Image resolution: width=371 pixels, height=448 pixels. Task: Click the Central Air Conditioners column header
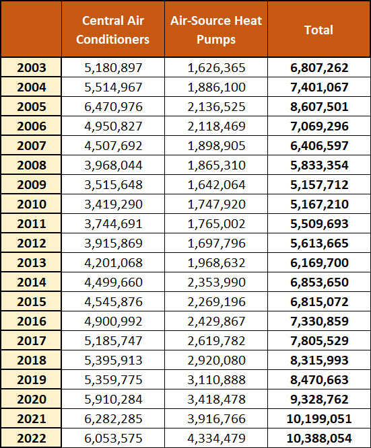[112, 30]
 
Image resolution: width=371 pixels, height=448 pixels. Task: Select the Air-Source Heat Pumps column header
[216, 30]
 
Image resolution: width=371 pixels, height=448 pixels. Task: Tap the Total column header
[318, 30]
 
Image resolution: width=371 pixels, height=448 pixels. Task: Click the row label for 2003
[32, 68]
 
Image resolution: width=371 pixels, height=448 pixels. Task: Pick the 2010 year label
[32, 204]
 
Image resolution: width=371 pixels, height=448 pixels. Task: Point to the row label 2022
[32, 439]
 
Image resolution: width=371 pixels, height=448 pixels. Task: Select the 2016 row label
[32, 322]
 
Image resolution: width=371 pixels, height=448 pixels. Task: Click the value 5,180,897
[113, 68]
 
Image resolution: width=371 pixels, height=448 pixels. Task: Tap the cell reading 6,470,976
[113, 107]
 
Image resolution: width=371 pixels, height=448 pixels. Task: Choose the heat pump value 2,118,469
[217, 126]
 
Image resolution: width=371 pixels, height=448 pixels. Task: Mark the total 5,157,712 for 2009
[319, 185]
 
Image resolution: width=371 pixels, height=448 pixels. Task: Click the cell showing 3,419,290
[113, 204]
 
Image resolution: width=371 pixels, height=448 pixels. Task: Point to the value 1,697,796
[217, 244]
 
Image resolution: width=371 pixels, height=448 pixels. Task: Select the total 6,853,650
[319, 283]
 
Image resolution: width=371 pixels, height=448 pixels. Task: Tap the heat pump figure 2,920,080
[217, 361]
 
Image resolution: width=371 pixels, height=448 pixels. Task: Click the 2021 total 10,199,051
[319, 419]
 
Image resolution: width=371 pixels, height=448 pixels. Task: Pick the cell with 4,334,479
[217, 439]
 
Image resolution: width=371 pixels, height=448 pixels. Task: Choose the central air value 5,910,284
[113, 400]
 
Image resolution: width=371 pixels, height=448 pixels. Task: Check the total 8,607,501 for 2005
[319, 107]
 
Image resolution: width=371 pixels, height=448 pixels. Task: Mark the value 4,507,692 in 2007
[113, 146]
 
